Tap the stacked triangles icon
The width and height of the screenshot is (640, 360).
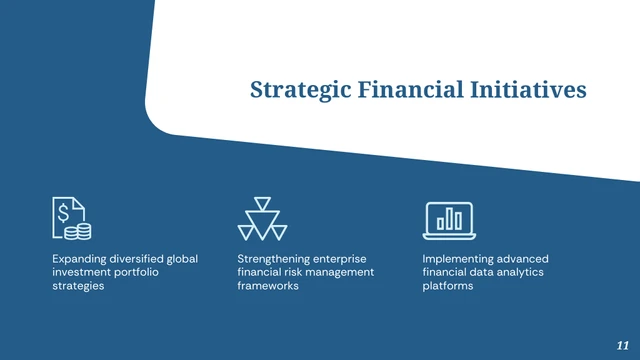point(262,219)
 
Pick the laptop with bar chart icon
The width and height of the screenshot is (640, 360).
point(449,219)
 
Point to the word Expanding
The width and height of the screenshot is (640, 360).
point(79,258)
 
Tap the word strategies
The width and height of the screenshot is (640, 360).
point(78,286)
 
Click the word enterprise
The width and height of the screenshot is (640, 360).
point(347,258)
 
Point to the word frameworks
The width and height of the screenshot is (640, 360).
point(268,286)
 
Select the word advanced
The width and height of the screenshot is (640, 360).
point(526,258)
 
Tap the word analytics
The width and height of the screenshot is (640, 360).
point(519,272)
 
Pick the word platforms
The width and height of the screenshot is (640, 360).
point(448,286)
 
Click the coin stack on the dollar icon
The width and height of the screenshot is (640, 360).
point(77,231)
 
